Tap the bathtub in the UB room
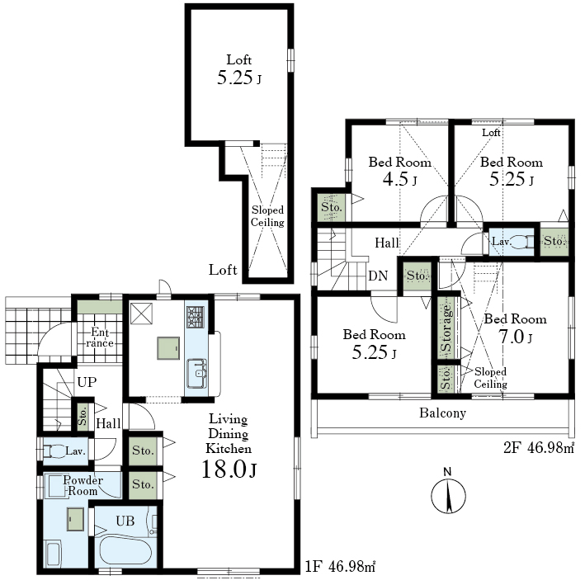(x=125, y=551)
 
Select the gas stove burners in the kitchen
(x=196, y=317)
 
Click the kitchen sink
(x=196, y=373)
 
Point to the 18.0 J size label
(x=229, y=469)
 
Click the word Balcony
(x=442, y=413)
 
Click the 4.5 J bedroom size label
(x=399, y=179)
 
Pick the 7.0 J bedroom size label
(x=515, y=337)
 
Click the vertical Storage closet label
(x=446, y=328)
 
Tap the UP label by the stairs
(x=87, y=382)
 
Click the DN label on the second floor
(x=378, y=276)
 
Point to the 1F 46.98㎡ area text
(x=340, y=567)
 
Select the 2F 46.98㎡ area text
(x=539, y=447)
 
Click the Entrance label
(x=100, y=337)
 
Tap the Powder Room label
(x=83, y=485)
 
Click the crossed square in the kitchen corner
(x=141, y=314)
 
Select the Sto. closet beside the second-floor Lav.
(x=554, y=242)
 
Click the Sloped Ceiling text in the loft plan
(x=267, y=216)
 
